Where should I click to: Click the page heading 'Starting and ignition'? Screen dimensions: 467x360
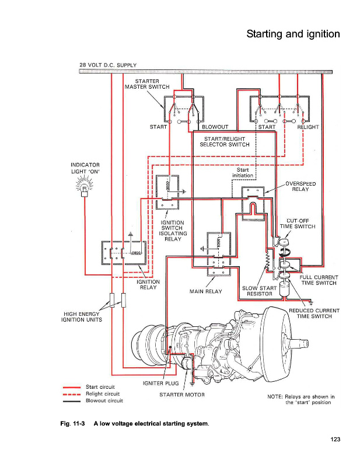point(293,34)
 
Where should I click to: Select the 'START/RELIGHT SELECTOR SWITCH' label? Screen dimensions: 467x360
point(225,141)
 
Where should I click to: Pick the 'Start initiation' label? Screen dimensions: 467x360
point(243,172)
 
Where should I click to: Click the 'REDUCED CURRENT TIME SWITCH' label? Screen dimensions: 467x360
point(314,313)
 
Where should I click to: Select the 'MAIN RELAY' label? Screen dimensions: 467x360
point(205,291)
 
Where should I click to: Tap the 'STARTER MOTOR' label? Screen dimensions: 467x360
point(181,395)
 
